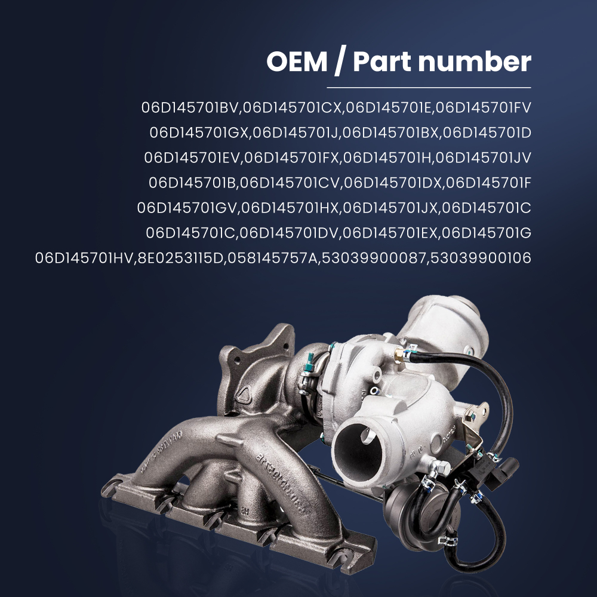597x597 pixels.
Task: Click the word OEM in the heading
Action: point(296,63)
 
